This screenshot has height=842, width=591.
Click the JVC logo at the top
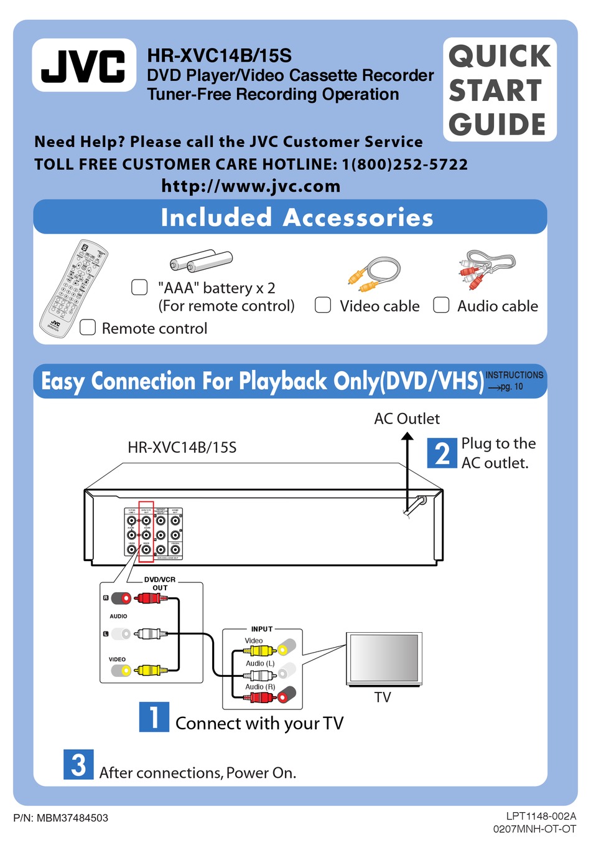point(83,65)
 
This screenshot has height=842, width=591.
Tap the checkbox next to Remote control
point(88,328)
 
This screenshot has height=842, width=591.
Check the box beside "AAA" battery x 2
point(139,287)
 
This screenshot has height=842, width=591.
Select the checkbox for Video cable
point(323,305)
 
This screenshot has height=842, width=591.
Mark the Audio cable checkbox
point(441,305)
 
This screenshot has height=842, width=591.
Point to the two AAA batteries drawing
point(201,260)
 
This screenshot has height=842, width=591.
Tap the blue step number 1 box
point(154,716)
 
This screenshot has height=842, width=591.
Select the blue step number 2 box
point(442,453)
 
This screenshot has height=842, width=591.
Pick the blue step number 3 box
point(78,764)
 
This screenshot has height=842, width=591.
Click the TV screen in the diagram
point(383,658)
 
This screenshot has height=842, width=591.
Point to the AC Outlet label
point(407,419)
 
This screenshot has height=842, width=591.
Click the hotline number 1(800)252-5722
point(404,164)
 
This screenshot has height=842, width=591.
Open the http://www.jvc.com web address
point(251,186)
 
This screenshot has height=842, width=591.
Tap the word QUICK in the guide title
point(500,56)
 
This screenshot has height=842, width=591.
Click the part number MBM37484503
point(72,818)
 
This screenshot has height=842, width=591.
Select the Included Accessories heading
point(297,217)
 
